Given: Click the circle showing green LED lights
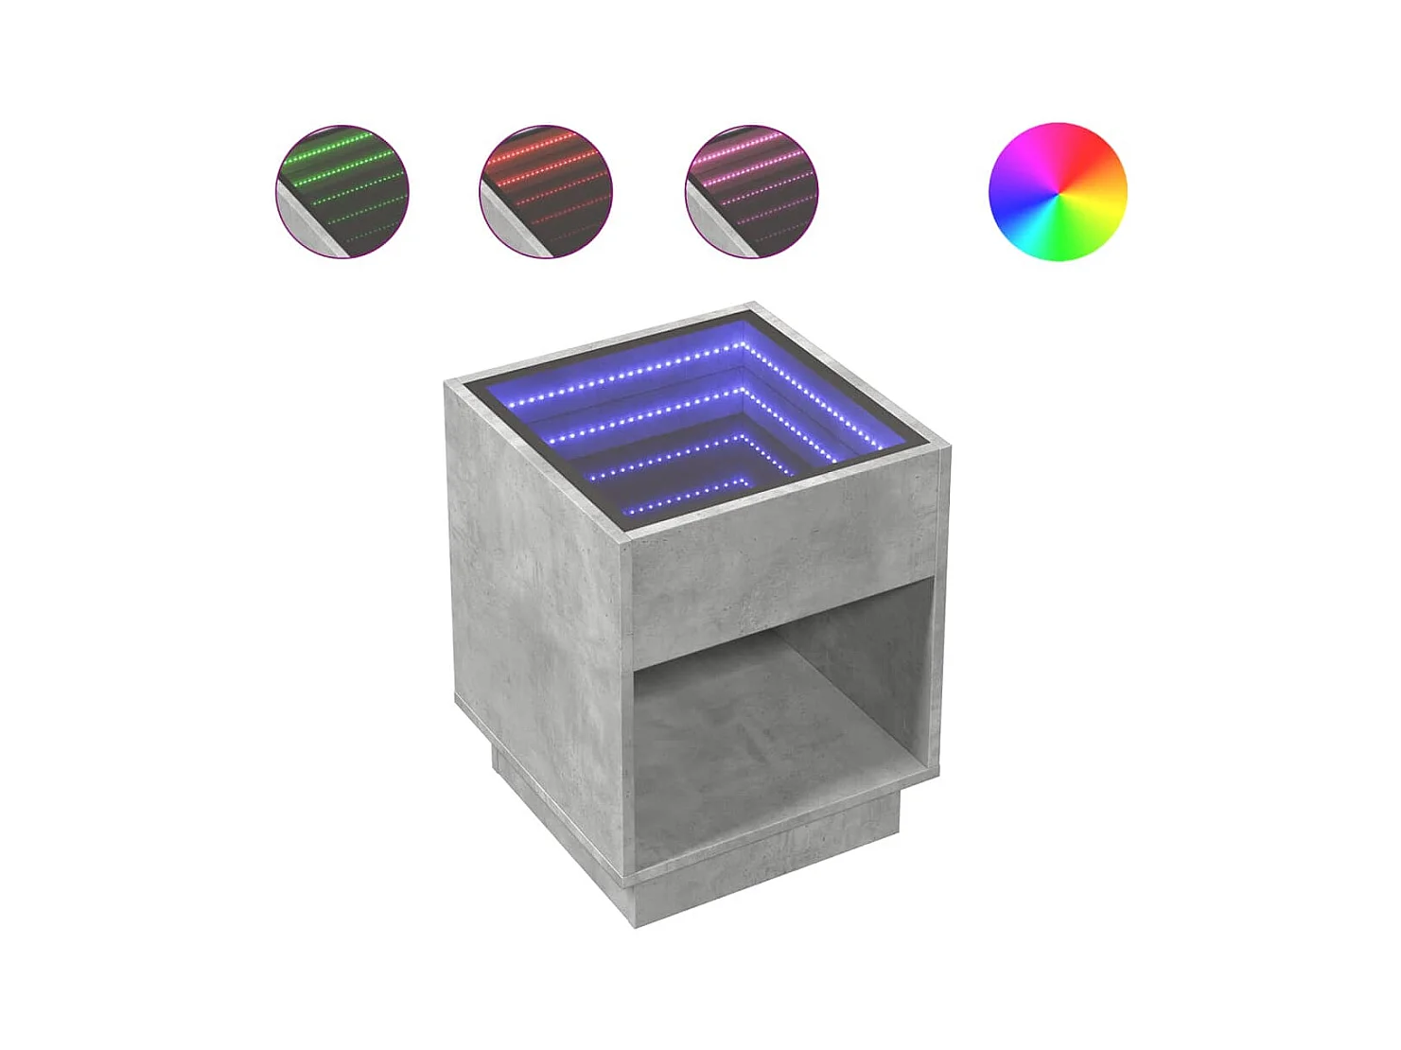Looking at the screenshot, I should tap(342, 192).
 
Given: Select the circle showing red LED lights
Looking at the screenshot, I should tap(546, 192).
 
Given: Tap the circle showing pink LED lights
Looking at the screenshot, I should tap(751, 192).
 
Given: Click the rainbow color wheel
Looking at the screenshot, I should tap(1058, 191).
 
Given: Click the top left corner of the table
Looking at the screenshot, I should tap(447, 382).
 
